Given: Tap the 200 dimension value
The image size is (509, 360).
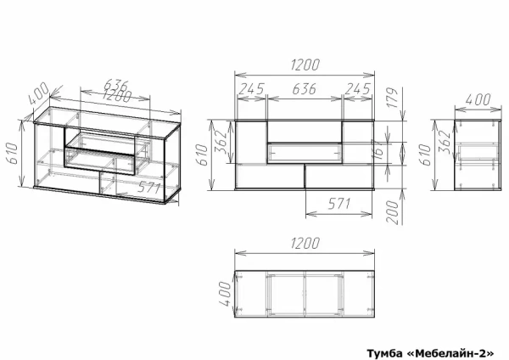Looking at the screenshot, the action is [393, 212].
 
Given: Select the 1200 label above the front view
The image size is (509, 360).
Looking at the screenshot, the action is [305, 65].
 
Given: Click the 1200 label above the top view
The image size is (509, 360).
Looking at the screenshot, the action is [305, 244].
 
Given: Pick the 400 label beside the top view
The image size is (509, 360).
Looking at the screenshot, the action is [226, 294].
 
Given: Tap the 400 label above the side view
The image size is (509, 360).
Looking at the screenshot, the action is [478, 99].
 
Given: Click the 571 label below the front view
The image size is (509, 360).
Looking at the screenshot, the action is [339, 204].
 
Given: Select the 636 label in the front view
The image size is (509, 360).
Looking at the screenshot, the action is [305, 88].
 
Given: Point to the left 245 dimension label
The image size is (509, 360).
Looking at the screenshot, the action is [251, 88].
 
